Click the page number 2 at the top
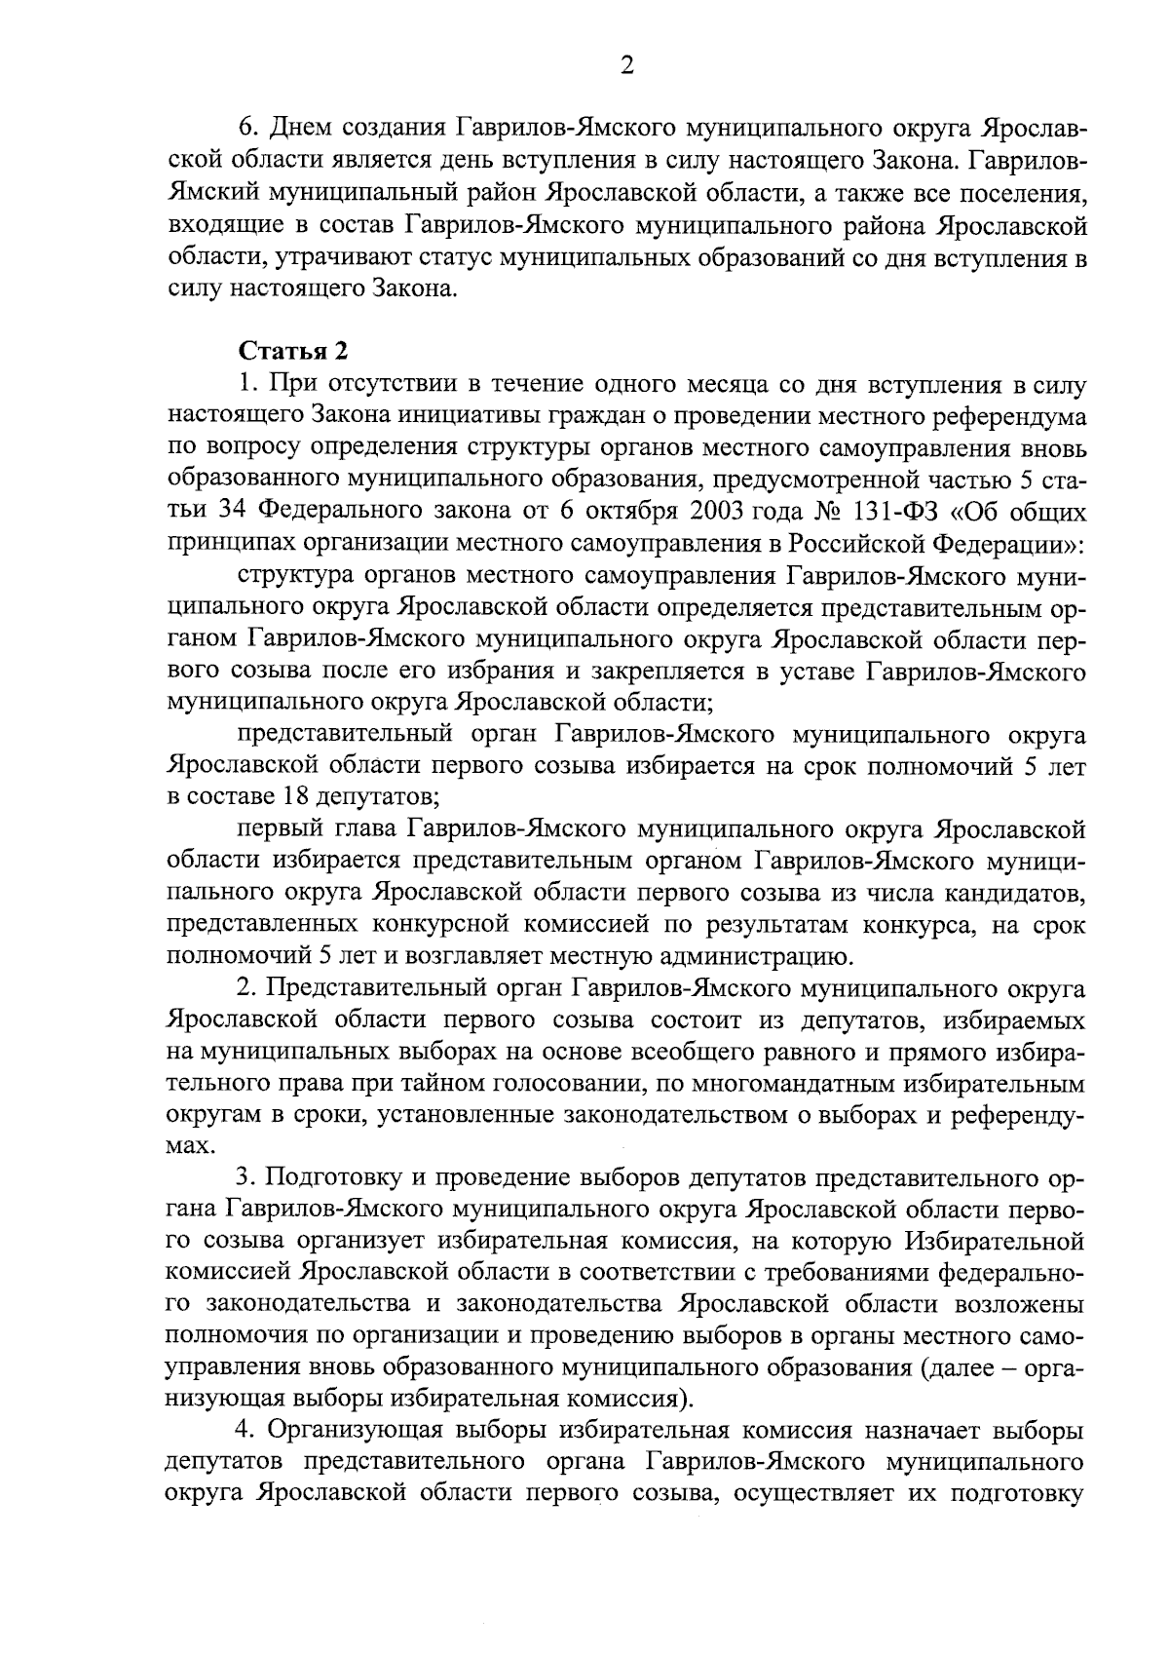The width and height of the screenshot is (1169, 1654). [626, 65]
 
